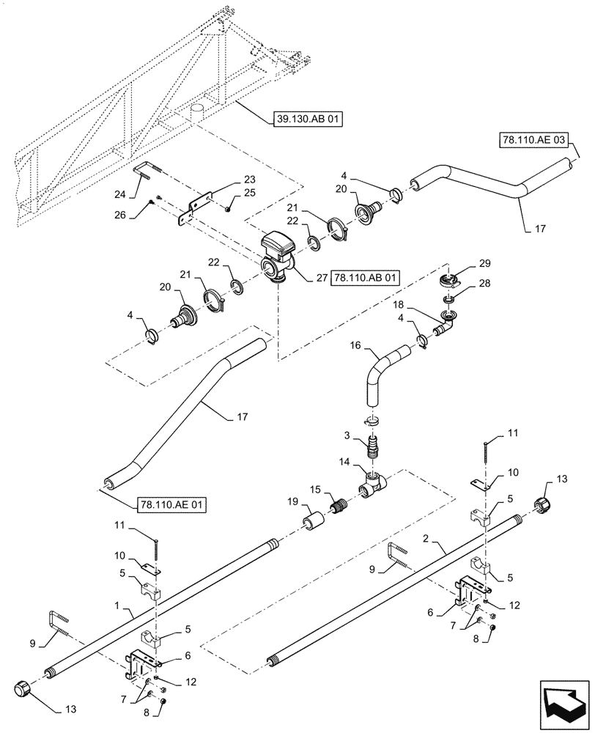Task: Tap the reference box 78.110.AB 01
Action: coord(367,278)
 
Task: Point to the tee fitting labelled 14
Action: coord(375,484)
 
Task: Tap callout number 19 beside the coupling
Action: coord(292,502)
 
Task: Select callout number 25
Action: coord(250,193)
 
